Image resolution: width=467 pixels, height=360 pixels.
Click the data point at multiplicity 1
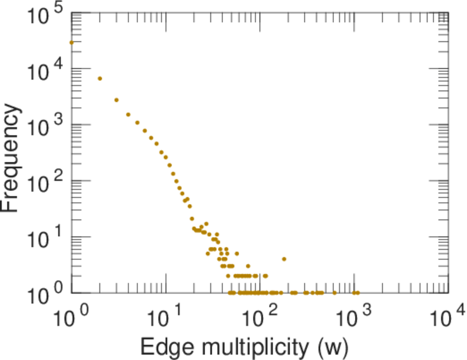pos(71,43)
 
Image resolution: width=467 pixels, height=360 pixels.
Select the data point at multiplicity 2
pos(100,79)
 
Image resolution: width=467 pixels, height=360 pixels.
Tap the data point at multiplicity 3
pos(116,100)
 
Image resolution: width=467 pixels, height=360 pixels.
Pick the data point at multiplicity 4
pos(128,115)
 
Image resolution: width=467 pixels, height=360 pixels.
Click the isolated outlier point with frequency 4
pos(284,259)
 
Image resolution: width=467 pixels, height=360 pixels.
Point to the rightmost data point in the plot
pos(357,293)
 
